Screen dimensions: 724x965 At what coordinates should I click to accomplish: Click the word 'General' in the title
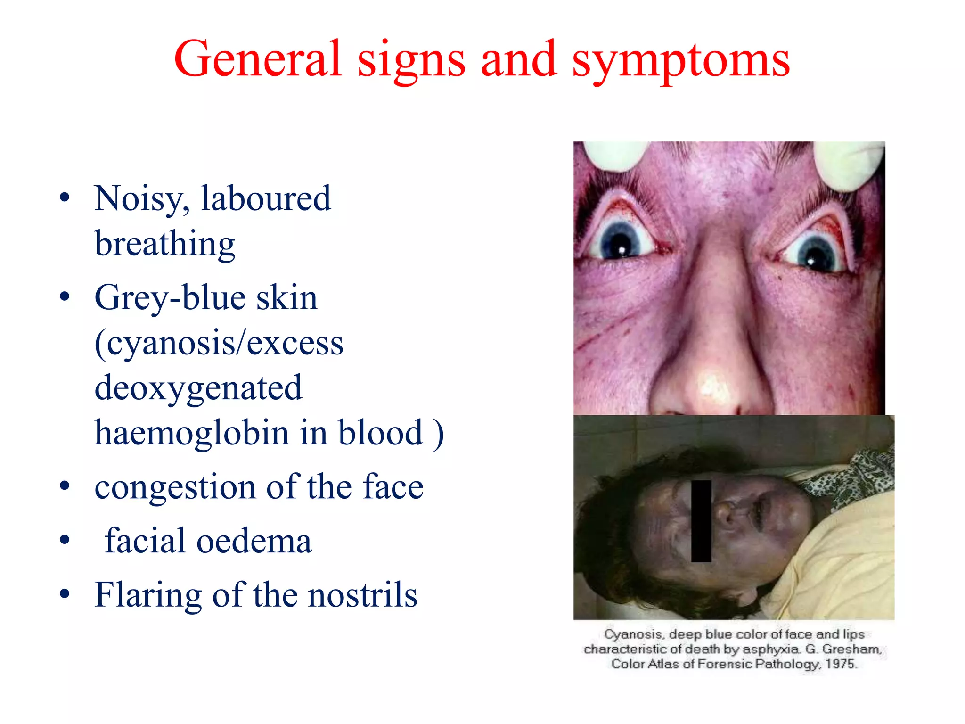257,59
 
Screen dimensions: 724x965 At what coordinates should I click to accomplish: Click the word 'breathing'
165,244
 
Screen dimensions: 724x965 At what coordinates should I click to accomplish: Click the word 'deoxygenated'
198,388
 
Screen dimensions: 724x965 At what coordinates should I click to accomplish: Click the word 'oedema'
254,541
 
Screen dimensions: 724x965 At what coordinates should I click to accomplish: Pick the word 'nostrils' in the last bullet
362,595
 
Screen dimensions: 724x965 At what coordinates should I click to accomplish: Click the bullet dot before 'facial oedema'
65,540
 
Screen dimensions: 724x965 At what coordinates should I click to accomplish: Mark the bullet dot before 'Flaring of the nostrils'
65,594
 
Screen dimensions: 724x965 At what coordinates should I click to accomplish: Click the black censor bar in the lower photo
701,521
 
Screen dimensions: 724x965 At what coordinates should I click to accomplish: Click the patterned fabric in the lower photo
848,476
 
